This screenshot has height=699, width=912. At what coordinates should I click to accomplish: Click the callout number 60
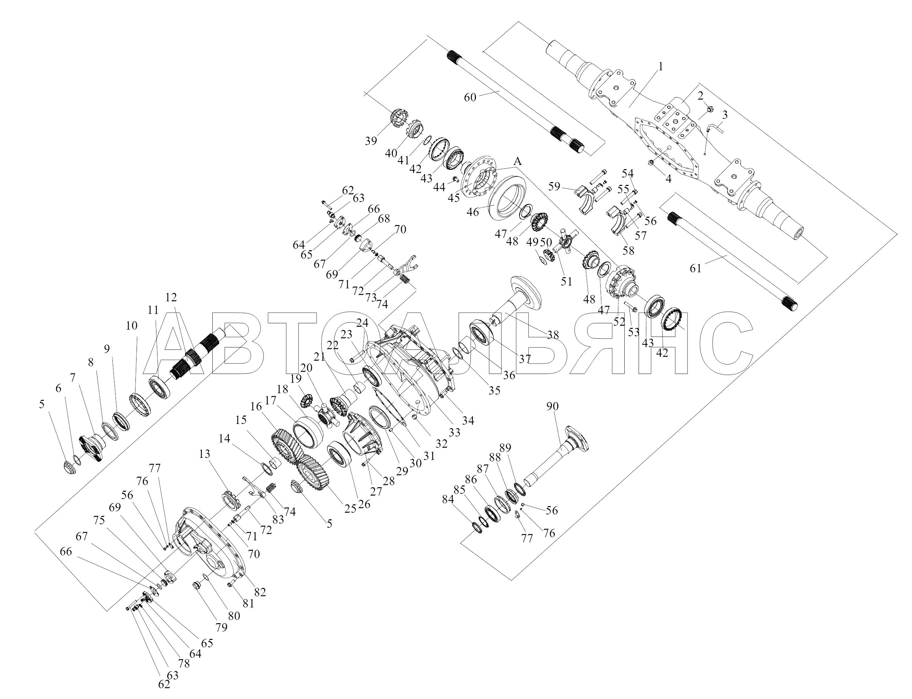pos(470,98)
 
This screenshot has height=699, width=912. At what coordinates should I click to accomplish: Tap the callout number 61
pos(696,268)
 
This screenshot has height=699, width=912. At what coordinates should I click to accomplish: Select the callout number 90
pos(552,406)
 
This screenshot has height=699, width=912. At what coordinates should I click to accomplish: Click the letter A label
pos(517,161)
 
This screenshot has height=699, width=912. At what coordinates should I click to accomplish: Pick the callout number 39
pos(371,141)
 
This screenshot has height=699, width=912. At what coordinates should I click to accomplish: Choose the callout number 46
pos(473,212)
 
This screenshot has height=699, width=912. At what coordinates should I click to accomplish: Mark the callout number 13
pos(205,454)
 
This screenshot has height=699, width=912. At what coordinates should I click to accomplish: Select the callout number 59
pos(554,186)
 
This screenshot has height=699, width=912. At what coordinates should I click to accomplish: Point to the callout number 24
pos(362,323)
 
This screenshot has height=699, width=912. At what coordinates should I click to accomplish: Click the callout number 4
pos(668,179)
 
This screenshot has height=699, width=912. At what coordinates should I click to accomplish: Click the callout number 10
pos(131,325)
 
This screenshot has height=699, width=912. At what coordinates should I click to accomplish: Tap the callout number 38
pos(552,334)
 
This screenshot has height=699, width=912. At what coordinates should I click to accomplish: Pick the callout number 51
pos(566,282)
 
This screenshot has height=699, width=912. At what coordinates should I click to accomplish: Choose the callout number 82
pos(260,592)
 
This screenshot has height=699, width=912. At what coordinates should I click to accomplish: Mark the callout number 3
pos(725,115)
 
